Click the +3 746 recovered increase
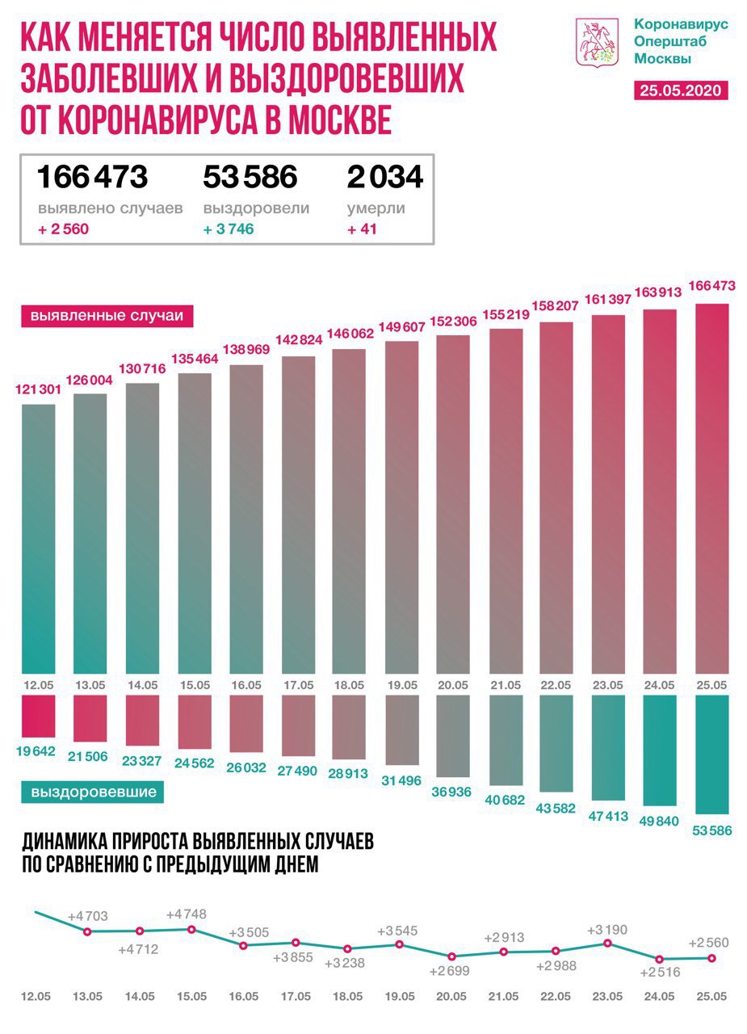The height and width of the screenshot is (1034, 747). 229,229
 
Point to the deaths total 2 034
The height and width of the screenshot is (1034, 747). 384,176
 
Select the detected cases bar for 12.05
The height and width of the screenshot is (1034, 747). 39,537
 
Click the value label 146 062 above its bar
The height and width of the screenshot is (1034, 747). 348,332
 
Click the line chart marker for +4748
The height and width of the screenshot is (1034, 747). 191,929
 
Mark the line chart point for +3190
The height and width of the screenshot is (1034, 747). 607,943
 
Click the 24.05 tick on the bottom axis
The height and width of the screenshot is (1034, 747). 661,997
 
